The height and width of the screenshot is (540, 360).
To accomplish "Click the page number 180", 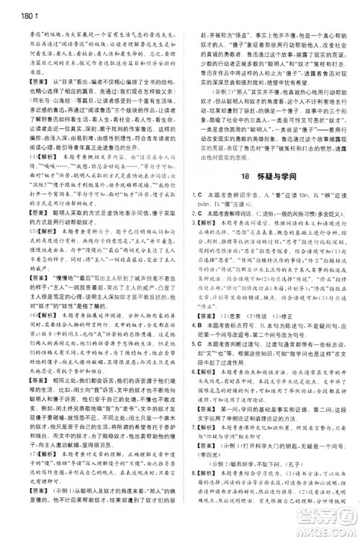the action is [12, 8].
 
